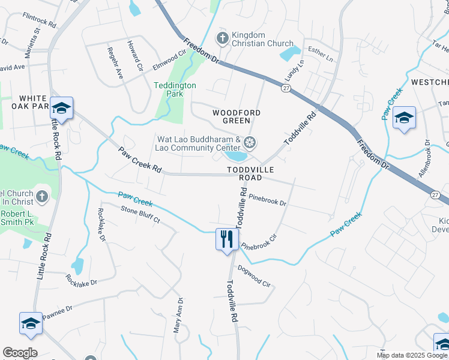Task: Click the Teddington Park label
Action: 175,89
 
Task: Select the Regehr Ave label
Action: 114,63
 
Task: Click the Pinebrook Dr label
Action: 268,200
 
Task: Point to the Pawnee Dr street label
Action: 57,313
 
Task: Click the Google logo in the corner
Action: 20,353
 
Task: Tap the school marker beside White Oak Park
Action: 61,108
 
